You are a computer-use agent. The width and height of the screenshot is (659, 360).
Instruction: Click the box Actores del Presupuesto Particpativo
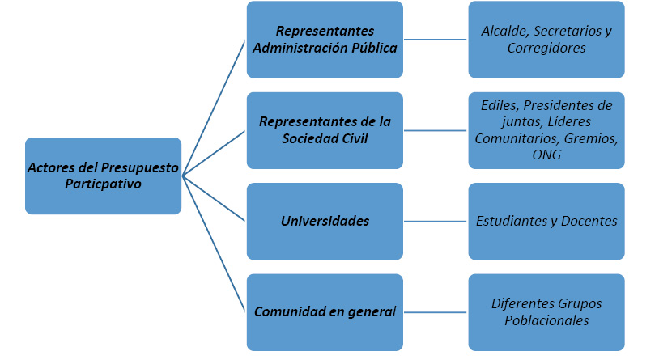pos(103,176)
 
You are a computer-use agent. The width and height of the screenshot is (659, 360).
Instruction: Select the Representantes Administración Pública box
pos(325,40)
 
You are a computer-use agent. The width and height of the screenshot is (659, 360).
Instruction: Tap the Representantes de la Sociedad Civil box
pos(325,130)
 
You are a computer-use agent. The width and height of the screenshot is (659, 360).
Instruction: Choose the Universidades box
pos(325,221)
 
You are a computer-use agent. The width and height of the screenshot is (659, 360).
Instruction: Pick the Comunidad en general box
pos(325,311)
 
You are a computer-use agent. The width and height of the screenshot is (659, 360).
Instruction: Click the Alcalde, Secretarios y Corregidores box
pos(546,40)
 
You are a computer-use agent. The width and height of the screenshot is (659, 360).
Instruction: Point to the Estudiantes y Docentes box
pos(546,221)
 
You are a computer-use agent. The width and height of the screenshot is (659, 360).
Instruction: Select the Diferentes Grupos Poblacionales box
pos(546,311)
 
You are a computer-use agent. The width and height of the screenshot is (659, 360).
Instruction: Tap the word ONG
pos(546,155)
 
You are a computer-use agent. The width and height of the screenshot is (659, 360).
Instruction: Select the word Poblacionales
pos(546,320)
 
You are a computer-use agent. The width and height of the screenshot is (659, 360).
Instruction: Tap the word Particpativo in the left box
pos(103,184)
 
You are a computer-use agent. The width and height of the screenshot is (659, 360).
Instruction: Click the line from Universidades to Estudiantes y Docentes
pos(436,221)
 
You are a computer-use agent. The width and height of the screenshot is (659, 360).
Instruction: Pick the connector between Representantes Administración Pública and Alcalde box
pos(436,40)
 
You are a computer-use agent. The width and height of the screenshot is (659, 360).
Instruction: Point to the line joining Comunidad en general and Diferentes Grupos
pos(436,311)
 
